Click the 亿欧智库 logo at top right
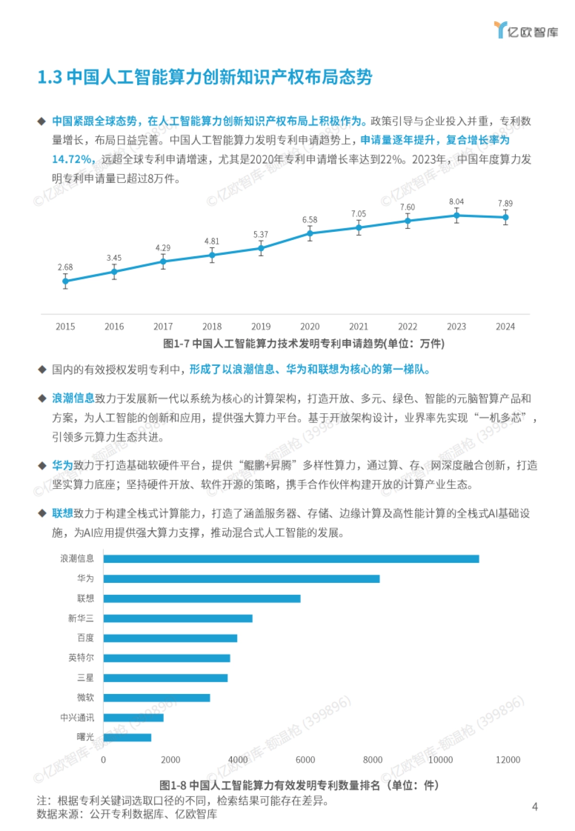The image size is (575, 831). point(526,31)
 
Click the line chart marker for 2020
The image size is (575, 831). point(310,234)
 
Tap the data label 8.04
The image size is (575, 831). point(456,202)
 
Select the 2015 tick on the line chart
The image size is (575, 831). point(65,327)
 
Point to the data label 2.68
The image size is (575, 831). point(65,267)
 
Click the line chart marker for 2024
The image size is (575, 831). point(506,217)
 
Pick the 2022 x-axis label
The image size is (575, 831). point(407,327)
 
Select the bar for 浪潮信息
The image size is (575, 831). point(291,559)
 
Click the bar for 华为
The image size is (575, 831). point(241,579)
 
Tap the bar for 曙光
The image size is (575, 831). point(127,738)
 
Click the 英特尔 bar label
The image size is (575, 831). point(81,658)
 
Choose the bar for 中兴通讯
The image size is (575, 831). point(133,717)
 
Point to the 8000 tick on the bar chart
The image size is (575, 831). point(373,760)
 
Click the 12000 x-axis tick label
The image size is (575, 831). point(507,760)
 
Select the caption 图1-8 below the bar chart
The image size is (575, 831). point(173,785)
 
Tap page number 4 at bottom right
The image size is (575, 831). point(535,807)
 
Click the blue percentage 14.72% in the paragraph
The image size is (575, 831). point(73,159)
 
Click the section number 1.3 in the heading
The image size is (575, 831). point(50,77)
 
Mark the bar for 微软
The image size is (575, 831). point(156,698)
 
